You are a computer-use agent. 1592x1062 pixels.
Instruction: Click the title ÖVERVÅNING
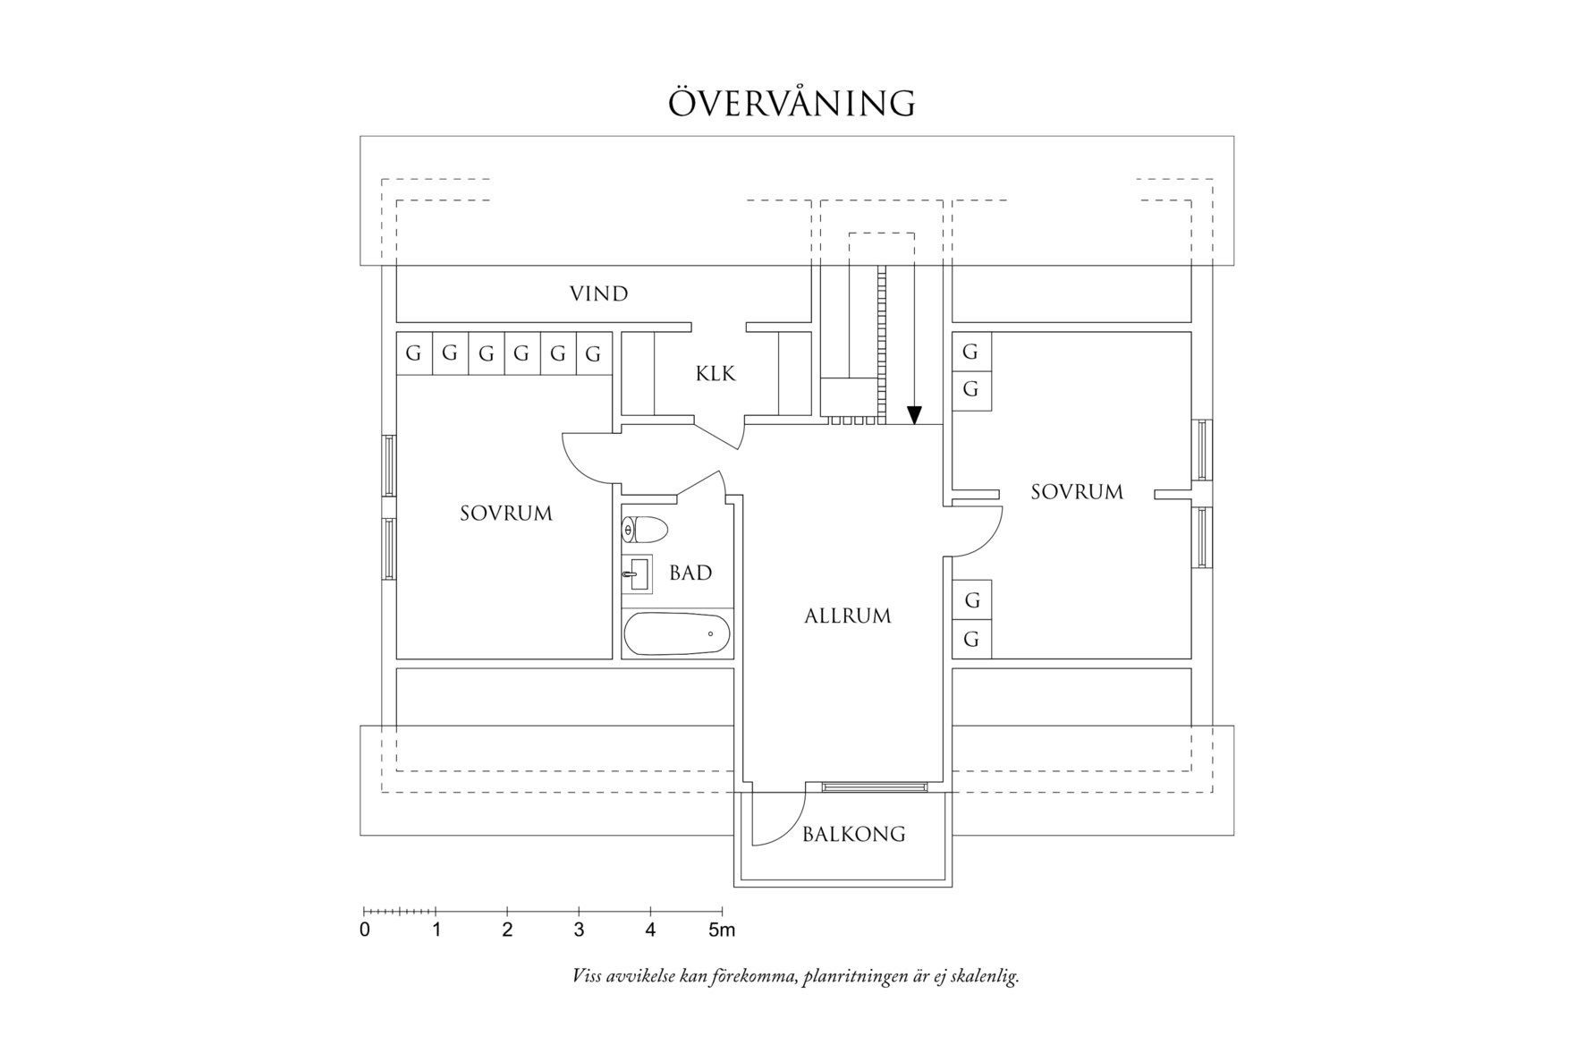coord(792,103)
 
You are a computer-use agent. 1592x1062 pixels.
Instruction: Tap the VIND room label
coord(599,293)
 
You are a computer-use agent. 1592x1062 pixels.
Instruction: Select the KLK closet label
coord(716,374)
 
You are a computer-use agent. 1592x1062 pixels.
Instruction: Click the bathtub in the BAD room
coord(676,634)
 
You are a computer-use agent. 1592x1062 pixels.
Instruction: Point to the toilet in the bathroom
coord(645,530)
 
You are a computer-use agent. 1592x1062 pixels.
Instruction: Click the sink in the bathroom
coord(637,573)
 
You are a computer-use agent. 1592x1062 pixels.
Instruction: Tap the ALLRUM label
coord(848,616)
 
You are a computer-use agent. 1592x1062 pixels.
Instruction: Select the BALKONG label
coord(853,834)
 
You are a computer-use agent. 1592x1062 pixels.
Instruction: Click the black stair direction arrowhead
coord(914,415)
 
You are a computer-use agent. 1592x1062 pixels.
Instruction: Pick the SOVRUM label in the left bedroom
coord(506,514)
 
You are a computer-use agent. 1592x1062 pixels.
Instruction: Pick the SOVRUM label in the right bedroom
coord(1077,492)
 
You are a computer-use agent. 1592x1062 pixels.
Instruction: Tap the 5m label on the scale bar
coord(722,930)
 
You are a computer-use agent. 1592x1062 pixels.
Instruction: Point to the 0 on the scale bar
coord(365,930)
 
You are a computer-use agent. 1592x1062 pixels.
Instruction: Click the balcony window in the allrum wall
coord(873,786)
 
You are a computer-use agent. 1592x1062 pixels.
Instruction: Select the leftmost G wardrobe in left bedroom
coord(413,353)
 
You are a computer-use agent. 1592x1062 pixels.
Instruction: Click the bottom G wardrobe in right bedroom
coord(972,640)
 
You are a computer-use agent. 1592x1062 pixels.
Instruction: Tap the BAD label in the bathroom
coord(690,573)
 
